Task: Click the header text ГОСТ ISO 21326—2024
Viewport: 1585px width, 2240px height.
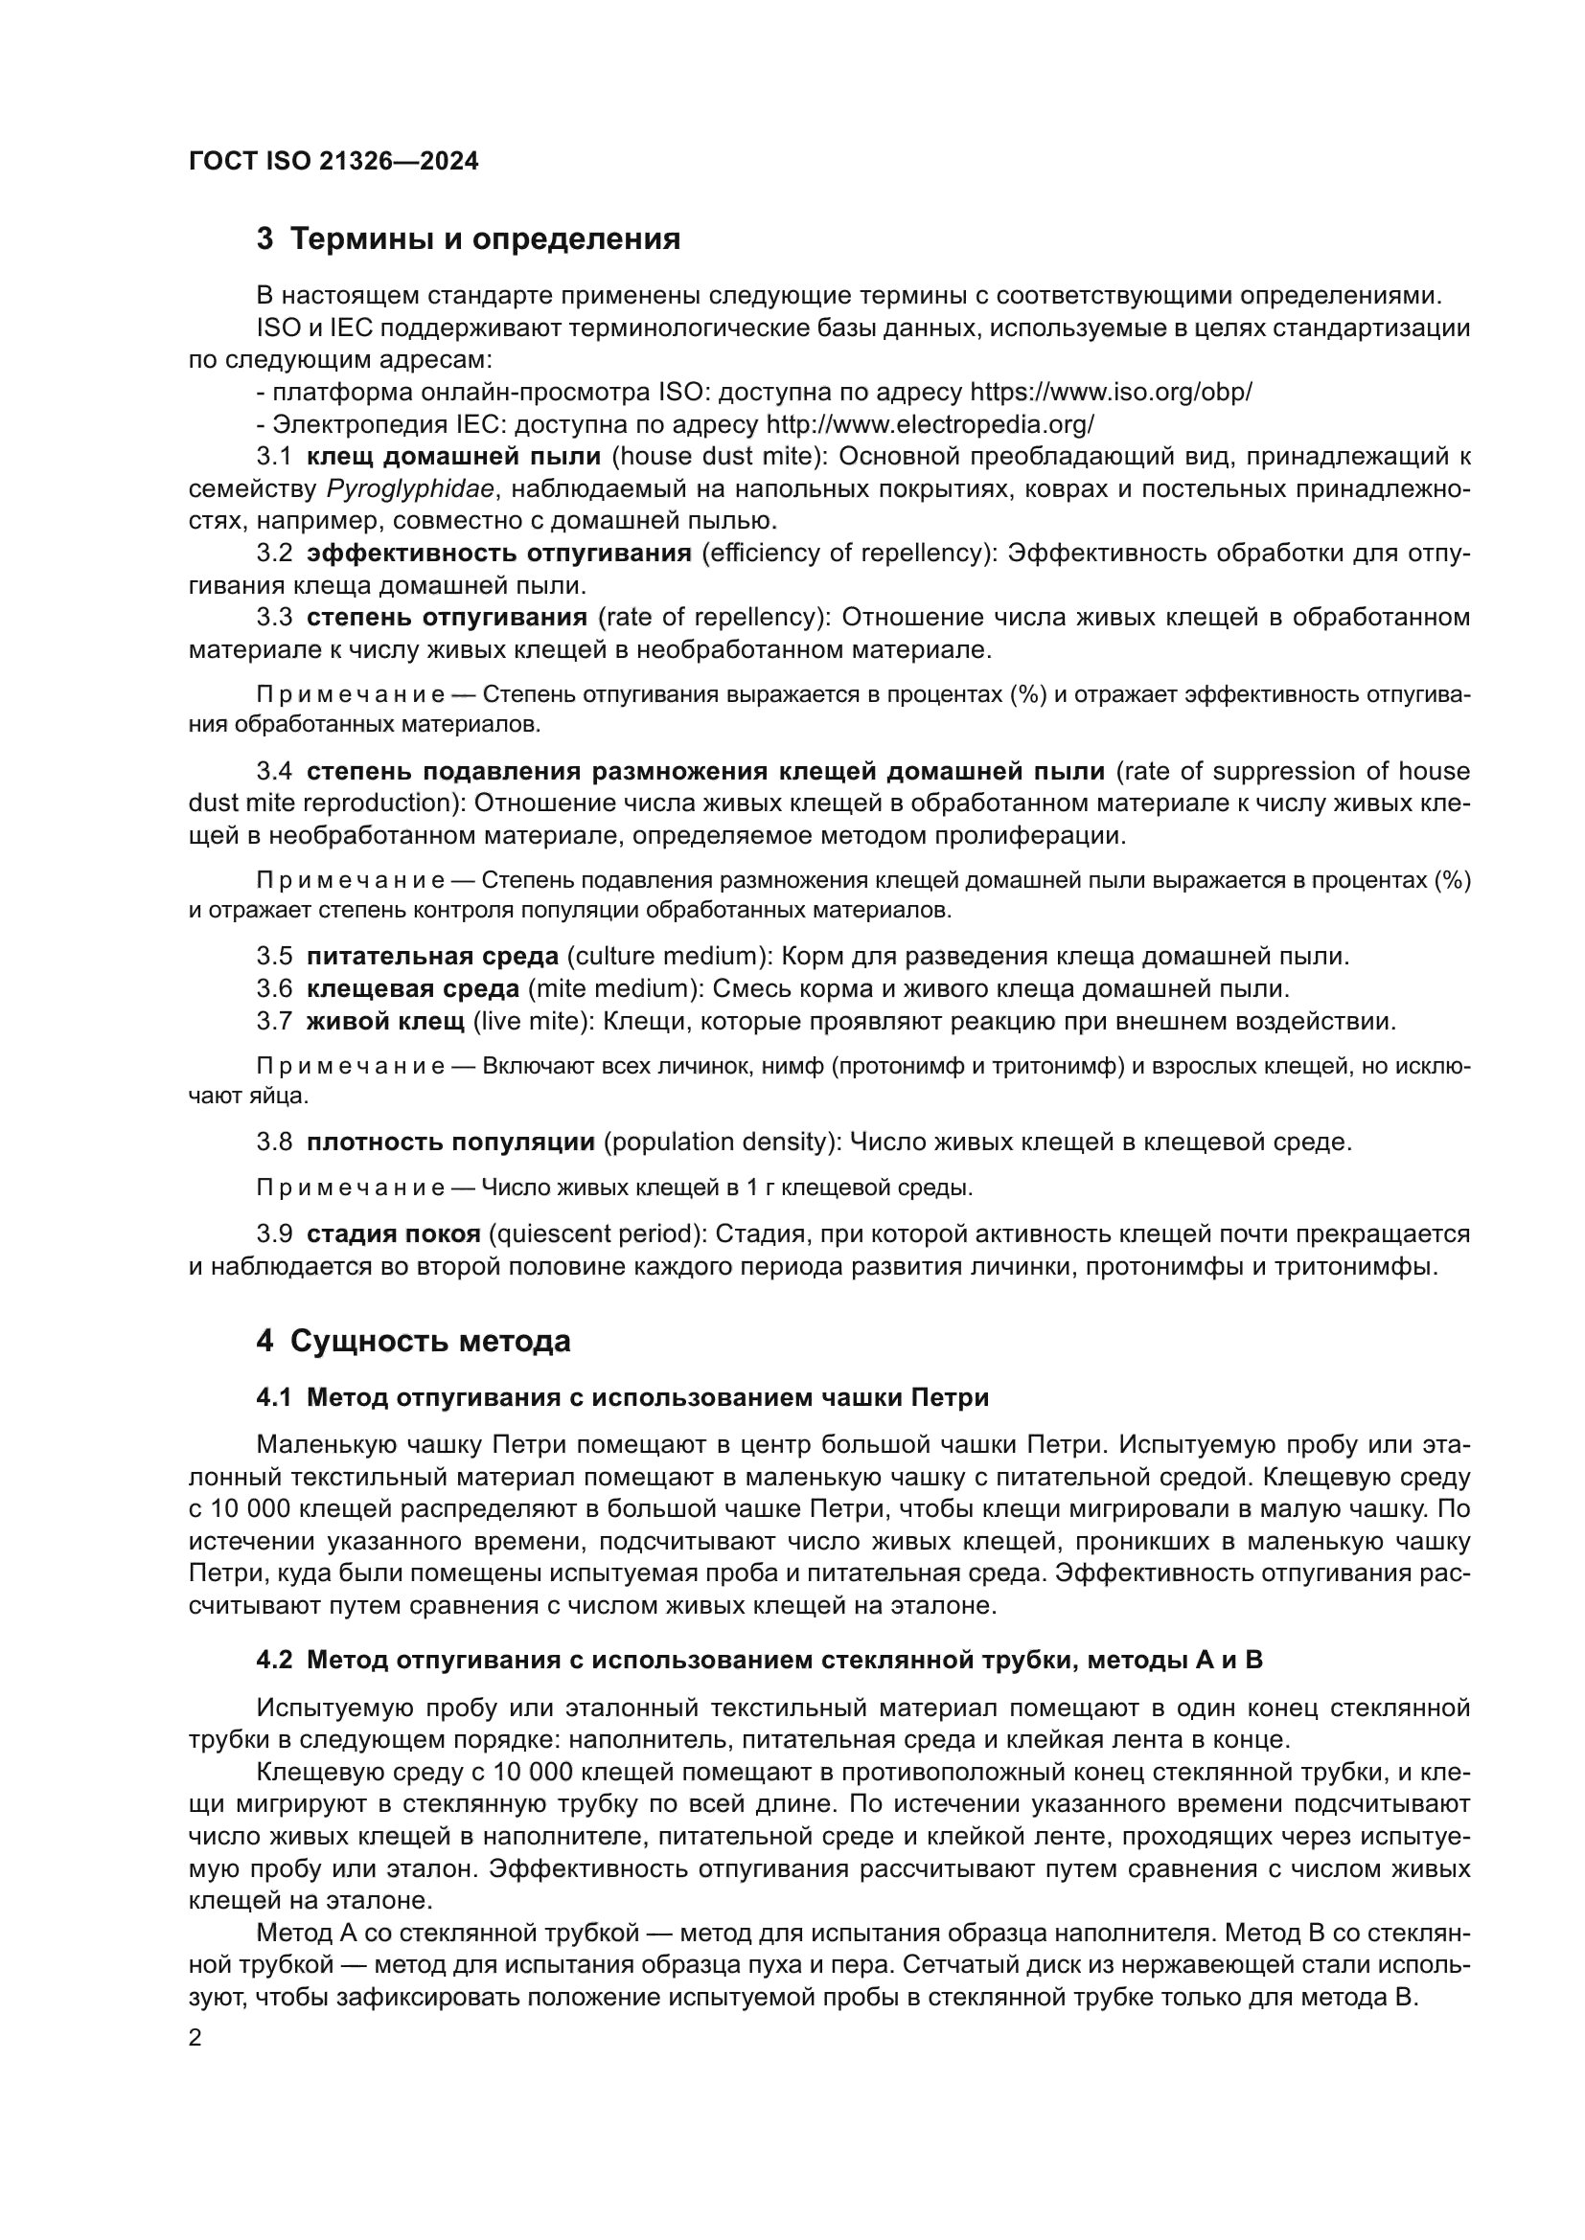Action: pos(333,162)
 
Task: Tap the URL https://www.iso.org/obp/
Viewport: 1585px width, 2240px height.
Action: pos(1111,393)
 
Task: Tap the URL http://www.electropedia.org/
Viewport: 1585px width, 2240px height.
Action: pos(930,424)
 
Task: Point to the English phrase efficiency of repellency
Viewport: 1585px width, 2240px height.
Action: pos(844,554)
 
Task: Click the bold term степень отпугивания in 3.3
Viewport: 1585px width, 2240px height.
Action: pos(447,618)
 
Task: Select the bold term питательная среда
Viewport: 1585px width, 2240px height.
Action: pos(432,956)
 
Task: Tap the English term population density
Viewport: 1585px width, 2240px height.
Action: pos(722,1142)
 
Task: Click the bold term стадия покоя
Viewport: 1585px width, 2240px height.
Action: pos(393,1234)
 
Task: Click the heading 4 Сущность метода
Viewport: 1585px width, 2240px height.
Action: pos(413,1342)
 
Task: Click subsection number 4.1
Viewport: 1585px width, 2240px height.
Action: pos(274,1398)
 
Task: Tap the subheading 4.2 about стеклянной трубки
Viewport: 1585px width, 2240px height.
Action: pos(759,1660)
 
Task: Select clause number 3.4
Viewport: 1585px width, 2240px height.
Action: pos(274,772)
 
